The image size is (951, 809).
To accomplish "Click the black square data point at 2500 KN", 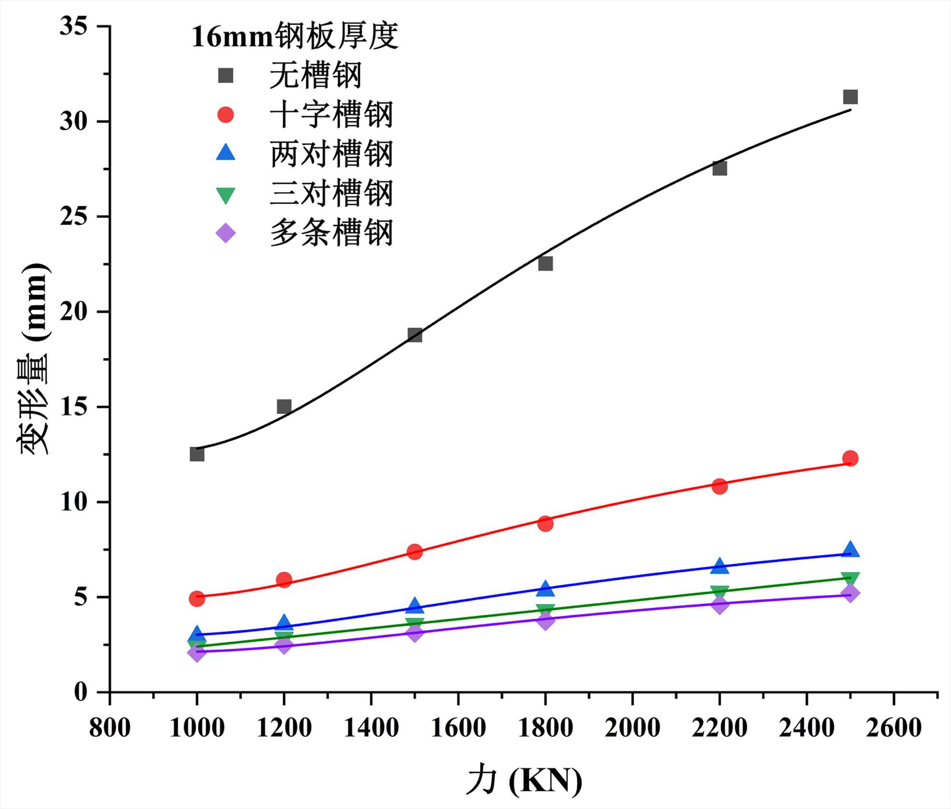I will [x=850, y=97].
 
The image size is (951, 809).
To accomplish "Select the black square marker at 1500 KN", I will [x=414, y=335].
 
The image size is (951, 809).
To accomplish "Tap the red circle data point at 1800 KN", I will [x=545, y=523].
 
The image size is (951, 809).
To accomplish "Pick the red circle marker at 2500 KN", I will [x=850, y=458].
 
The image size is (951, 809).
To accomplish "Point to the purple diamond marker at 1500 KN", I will [x=414, y=633].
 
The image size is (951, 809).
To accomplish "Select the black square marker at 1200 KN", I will [x=284, y=406].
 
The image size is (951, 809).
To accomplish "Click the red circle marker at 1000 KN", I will [x=197, y=598].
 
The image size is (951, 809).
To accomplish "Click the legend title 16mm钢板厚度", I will [x=295, y=36].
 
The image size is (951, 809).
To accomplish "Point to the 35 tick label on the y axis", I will [x=74, y=26].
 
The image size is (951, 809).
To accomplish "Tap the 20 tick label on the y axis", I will [x=74, y=312].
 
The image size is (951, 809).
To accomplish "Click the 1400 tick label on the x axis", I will [x=371, y=727].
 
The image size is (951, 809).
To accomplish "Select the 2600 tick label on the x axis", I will [x=894, y=727].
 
